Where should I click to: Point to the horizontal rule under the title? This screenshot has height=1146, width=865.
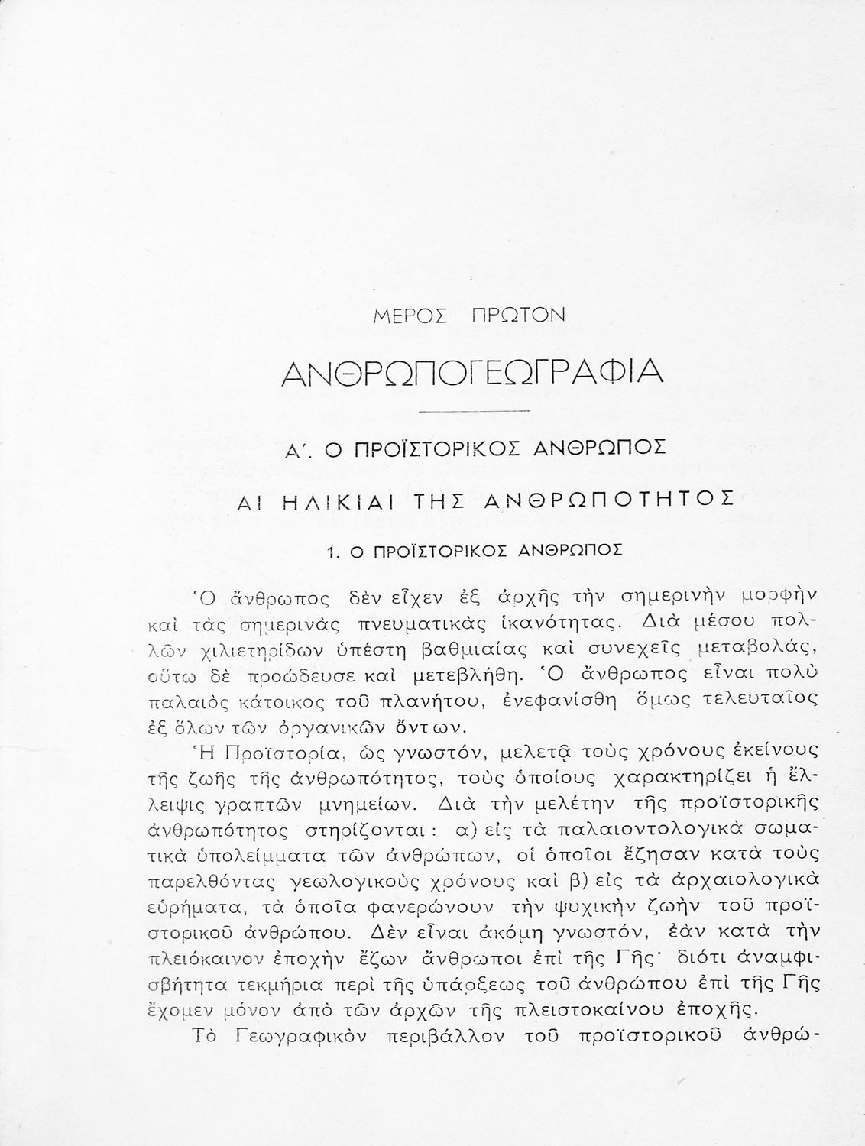click(475, 413)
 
